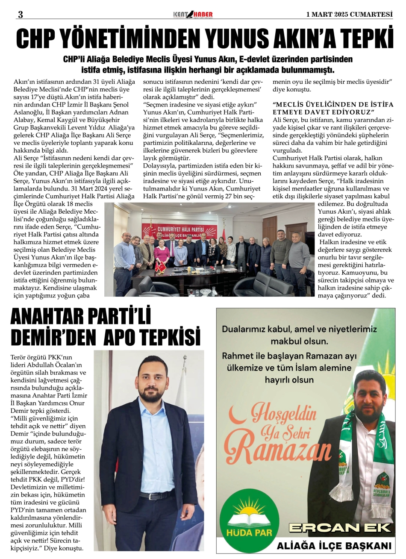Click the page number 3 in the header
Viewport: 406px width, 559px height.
pos(20,14)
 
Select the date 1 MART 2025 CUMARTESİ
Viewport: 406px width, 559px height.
pos(350,14)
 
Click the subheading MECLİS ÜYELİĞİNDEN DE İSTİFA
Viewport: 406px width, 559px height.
pos(333,105)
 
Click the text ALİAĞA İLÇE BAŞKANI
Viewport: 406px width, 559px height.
pos(334,545)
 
